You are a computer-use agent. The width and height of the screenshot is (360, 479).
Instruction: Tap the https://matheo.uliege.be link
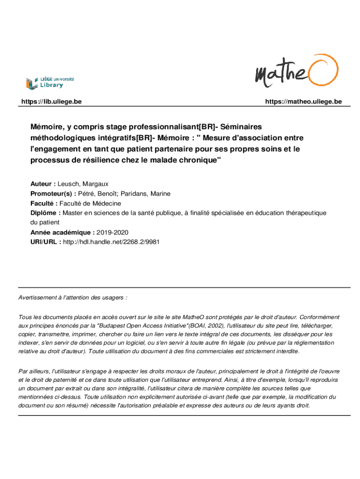303,102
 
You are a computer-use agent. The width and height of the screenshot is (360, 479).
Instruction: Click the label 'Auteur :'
43,184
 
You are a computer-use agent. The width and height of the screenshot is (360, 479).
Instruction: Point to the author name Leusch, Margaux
83,184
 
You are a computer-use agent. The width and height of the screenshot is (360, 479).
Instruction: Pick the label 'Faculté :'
44,203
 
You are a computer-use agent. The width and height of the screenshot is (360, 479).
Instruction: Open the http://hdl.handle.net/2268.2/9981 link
114,242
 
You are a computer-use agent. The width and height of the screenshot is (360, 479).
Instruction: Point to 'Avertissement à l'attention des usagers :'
72,298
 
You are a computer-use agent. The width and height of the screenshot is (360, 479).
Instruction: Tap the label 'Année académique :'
62,232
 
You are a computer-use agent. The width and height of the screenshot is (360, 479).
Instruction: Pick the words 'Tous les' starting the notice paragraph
29,317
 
